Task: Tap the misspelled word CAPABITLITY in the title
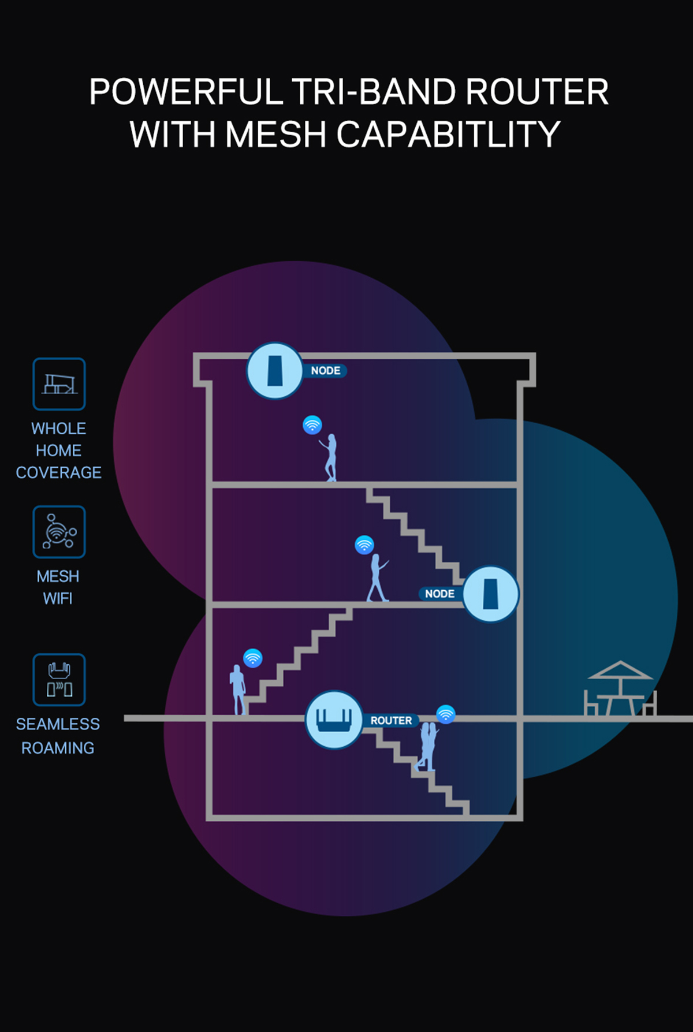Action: pos(448,134)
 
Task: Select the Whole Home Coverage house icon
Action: pos(59,384)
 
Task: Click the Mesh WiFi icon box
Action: pos(59,532)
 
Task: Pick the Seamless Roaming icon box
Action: pos(59,680)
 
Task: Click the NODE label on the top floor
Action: pos(325,371)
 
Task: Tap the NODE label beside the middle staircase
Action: pos(439,594)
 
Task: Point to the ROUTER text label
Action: pos(391,721)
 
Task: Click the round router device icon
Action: pos(334,720)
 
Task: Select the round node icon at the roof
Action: pos(275,371)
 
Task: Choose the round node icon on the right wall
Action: pos(490,594)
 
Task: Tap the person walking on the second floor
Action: pos(377,578)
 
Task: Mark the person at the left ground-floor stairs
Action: pos(237,690)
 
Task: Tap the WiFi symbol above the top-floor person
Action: pos(312,425)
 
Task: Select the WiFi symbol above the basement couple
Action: pos(446,714)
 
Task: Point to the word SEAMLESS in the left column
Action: pos(58,724)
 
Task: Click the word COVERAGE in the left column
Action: pos(58,472)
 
